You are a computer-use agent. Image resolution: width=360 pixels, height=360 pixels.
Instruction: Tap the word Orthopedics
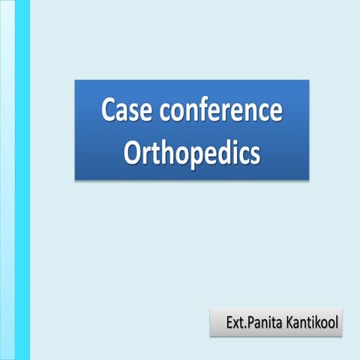(191, 152)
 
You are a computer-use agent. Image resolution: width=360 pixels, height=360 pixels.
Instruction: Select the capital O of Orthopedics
(131, 152)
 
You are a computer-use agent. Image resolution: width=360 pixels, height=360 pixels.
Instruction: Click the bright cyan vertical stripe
(22, 180)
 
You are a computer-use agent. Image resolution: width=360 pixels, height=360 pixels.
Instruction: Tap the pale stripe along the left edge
(7, 180)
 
